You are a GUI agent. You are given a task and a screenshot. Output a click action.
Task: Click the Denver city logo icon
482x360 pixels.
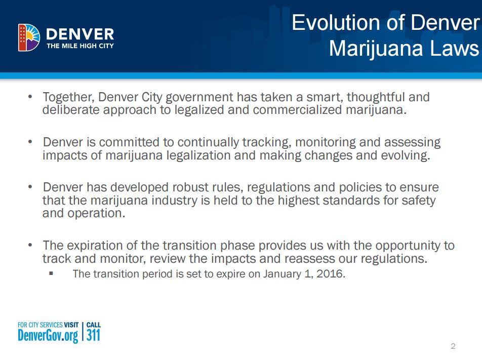click(29, 37)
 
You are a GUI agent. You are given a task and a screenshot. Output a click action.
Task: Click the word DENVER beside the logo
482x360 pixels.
click(80, 34)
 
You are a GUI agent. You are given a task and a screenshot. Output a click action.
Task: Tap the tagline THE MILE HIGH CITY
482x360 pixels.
click(80, 46)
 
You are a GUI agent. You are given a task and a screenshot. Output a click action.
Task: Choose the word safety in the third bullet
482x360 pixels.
click(417, 200)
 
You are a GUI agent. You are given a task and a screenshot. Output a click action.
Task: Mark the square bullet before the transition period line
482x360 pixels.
click(51, 273)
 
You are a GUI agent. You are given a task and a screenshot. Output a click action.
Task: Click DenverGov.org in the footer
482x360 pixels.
click(48, 335)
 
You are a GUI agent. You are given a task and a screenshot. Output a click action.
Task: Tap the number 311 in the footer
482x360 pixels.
click(93, 335)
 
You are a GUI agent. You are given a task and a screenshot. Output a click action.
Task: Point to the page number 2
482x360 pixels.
click(453, 346)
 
